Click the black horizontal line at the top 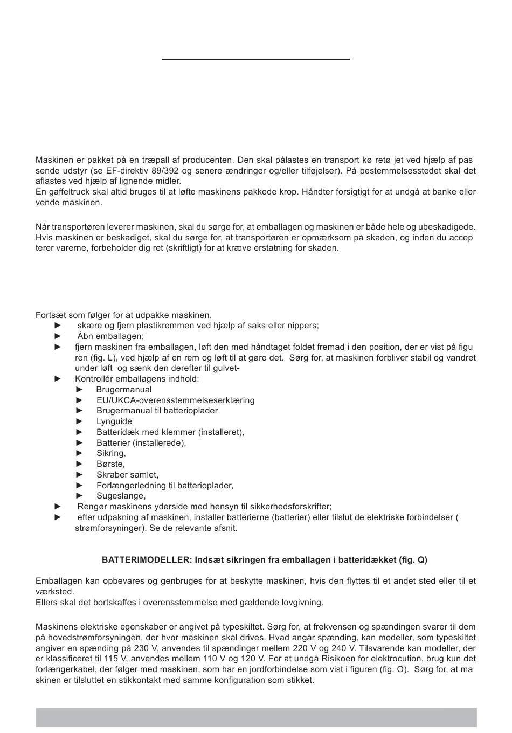255,59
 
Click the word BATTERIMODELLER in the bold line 147,560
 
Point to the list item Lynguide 114,421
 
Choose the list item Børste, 110,464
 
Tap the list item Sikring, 111,453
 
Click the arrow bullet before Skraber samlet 80,475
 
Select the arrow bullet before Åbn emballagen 58,336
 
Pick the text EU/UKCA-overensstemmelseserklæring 176,400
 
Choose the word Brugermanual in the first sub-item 124,390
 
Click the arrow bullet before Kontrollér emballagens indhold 58,379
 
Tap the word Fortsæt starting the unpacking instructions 52,315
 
